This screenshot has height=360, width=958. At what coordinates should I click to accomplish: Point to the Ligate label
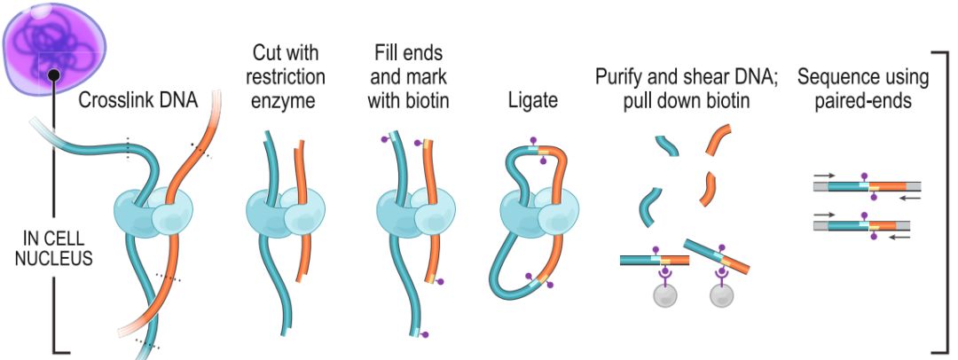click(x=533, y=101)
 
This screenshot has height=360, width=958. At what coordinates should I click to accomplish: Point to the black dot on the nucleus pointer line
click(x=53, y=77)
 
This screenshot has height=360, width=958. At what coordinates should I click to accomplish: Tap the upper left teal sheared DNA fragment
click(x=667, y=145)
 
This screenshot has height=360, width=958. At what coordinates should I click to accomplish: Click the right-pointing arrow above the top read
click(x=824, y=177)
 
